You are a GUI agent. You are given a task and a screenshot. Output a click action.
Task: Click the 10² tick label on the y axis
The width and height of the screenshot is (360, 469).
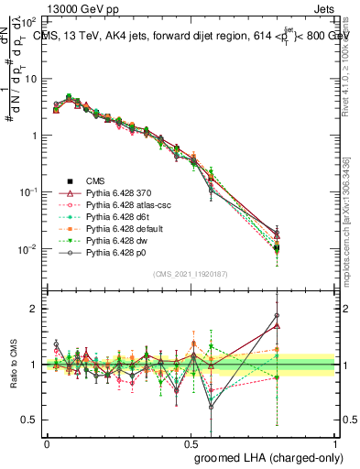click(28, 20)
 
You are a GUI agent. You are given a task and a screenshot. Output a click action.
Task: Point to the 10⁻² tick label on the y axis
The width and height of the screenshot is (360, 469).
click(28, 249)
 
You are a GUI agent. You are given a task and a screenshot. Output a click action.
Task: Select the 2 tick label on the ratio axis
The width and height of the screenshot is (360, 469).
click(36, 310)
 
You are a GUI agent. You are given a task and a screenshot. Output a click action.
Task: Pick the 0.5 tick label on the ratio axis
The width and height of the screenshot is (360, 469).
click(30, 420)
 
